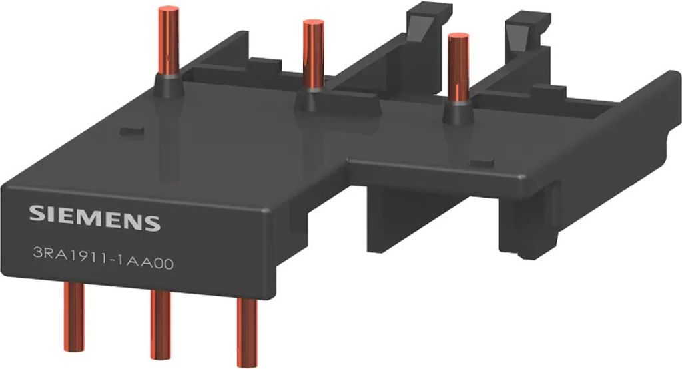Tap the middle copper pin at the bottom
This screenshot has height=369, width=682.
(161, 324)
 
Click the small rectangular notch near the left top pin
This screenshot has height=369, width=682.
(130, 131)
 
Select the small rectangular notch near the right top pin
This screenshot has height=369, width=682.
(483, 163)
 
